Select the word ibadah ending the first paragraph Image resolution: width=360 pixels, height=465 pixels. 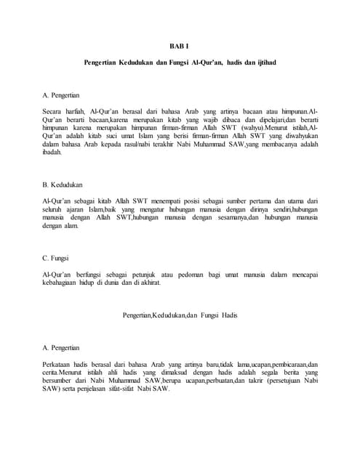click(x=54, y=151)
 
